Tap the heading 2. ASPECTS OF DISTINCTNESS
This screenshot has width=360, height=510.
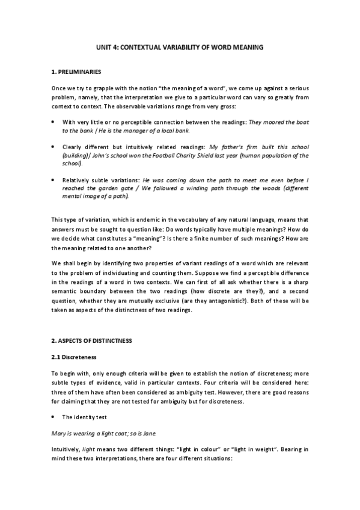(91, 340)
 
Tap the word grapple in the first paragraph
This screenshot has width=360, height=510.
(99, 88)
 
